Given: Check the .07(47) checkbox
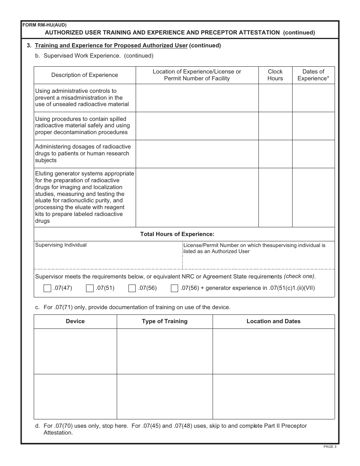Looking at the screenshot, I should coord(47,288).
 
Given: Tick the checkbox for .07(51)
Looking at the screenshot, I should coord(90,288).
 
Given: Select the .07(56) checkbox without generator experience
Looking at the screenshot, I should coord(132,288).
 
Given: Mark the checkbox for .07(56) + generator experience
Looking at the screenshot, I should coord(174,288).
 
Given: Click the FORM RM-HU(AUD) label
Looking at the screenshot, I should coord(44,25).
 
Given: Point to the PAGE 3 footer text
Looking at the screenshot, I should coord(330,447).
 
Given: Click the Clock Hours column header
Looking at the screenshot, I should coord(275,75).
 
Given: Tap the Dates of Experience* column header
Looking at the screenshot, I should coord(313,75).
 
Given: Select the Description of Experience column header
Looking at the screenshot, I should coord(85,75).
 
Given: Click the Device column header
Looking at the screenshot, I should coord(75,321).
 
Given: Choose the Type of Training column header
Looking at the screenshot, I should coord(164,321).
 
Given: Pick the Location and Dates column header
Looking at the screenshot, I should coord(273,321).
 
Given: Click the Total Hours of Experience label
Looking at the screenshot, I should coord(177,234).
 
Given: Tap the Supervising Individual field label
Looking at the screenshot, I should coord(61,245).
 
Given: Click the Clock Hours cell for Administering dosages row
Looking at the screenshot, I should coord(275,154).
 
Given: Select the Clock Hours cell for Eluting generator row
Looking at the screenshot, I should coord(275,197).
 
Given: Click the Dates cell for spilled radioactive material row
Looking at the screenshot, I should coord(313,126).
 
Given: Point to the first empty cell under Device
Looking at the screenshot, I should coord(75,351).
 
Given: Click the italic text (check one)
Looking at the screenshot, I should coord(300,276).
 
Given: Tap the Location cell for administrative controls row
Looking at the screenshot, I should coord(197,98).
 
